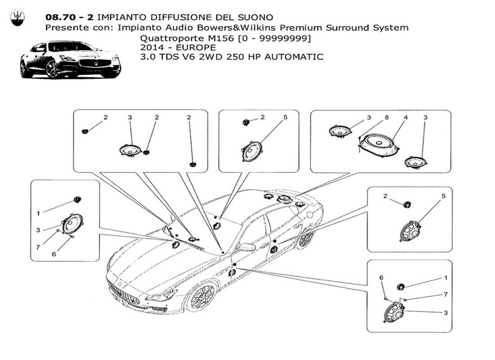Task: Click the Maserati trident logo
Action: coord(18,18)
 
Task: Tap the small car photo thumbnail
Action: coord(70,59)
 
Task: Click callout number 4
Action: coord(405,117)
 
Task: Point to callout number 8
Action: coord(387,117)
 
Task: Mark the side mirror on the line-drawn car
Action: coord(247,247)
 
